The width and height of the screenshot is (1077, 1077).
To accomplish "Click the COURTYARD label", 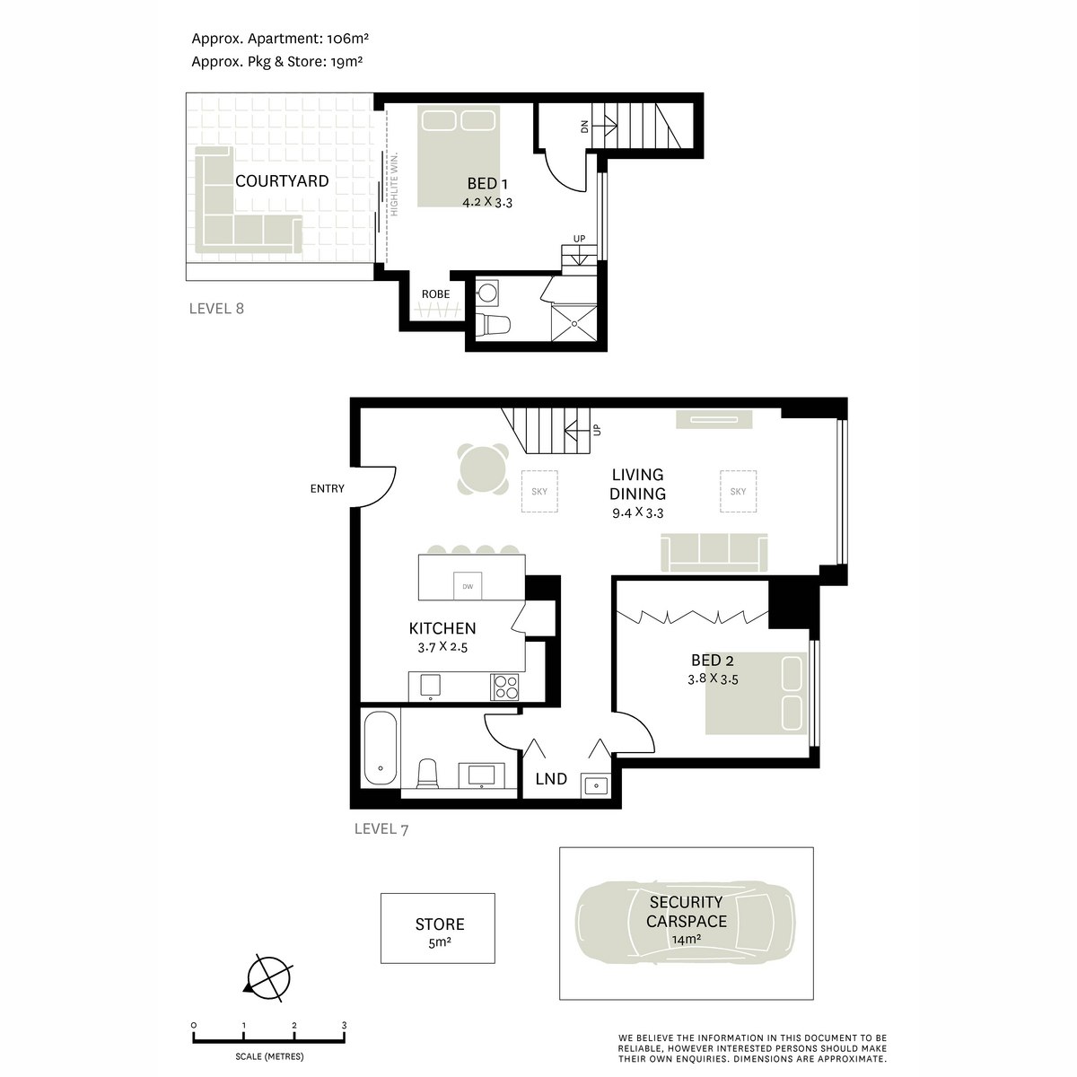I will (282, 181).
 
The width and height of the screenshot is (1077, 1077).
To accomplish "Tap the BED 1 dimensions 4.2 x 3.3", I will (486, 203).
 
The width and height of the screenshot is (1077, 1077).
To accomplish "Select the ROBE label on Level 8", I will (435, 293).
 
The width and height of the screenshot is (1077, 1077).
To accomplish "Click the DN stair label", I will (584, 127).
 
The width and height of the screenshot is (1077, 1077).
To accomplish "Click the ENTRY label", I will (327, 488).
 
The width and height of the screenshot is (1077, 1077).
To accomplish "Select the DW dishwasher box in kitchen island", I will (468, 586).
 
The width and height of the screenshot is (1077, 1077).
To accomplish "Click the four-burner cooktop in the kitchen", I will (504, 687).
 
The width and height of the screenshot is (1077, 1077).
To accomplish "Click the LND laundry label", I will (551, 779).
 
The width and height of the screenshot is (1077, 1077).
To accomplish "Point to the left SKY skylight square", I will (539, 491).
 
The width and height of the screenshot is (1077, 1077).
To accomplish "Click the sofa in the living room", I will (714, 551).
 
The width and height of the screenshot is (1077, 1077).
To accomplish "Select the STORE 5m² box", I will (438, 929).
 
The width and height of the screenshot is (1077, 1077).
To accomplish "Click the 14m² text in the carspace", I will (686, 940).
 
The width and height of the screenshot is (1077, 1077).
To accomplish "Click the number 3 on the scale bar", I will (344, 1025).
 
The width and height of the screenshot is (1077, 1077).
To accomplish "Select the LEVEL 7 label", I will (381, 829).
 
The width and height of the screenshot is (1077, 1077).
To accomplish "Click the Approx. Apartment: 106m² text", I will (281, 39).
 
